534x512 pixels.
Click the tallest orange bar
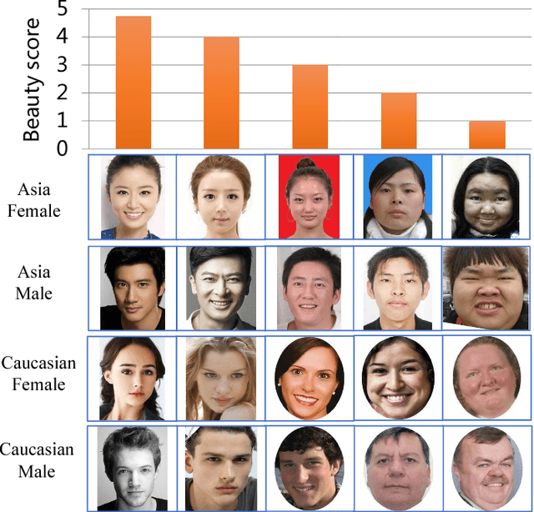(133, 83)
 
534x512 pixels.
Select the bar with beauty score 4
(221, 93)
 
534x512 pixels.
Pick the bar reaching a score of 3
(310, 107)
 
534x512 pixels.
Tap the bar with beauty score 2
(398, 120)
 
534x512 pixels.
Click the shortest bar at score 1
(486, 134)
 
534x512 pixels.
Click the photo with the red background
(310, 196)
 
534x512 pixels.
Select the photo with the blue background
(396, 196)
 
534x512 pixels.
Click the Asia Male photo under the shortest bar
(486, 286)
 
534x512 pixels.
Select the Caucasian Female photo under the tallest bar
(133, 377)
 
